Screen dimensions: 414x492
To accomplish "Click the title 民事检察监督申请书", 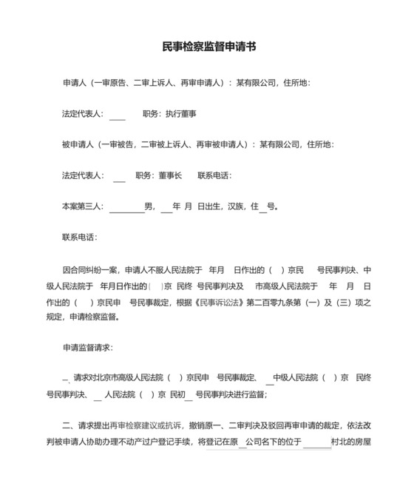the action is pyautogui.click(x=209, y=47).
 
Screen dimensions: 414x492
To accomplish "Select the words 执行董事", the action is pyautogui.click(x=181, y=115).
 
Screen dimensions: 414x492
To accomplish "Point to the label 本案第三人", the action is pyautogui.click(x=83, y=206).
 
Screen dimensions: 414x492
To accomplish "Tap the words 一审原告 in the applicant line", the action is pyautogui.click(x=112, y=82).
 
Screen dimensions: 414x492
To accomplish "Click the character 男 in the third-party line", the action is pyautogui.click(x=149, y=206).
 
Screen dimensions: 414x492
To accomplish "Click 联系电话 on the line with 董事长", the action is pyautogui.click(x=214, y=175).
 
